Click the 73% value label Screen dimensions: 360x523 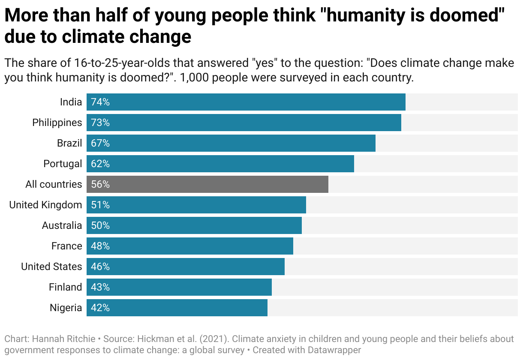click(x=100, y=123)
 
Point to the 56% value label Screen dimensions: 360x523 click(x=100, y=184)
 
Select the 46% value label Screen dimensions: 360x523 click(x=100, y=267)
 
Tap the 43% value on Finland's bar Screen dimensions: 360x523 click(x=100, y=287)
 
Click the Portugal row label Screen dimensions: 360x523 click(x=63, y=164)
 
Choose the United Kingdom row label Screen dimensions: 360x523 click(x=45, y=205)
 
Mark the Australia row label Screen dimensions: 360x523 click(x=62, y=225)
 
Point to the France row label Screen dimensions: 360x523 click(x=66, y=246)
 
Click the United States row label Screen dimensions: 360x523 click(x=51, y=267)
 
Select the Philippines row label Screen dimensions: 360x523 click(x=57, y=123)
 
